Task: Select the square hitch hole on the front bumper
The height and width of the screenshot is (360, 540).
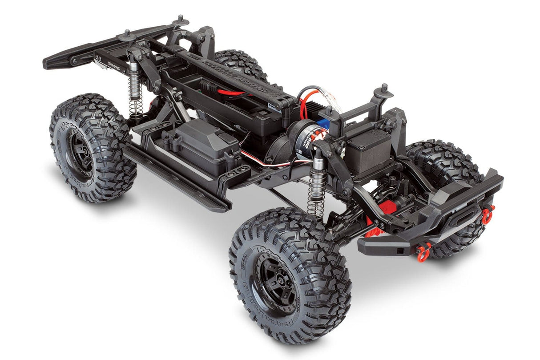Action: [401, 251]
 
